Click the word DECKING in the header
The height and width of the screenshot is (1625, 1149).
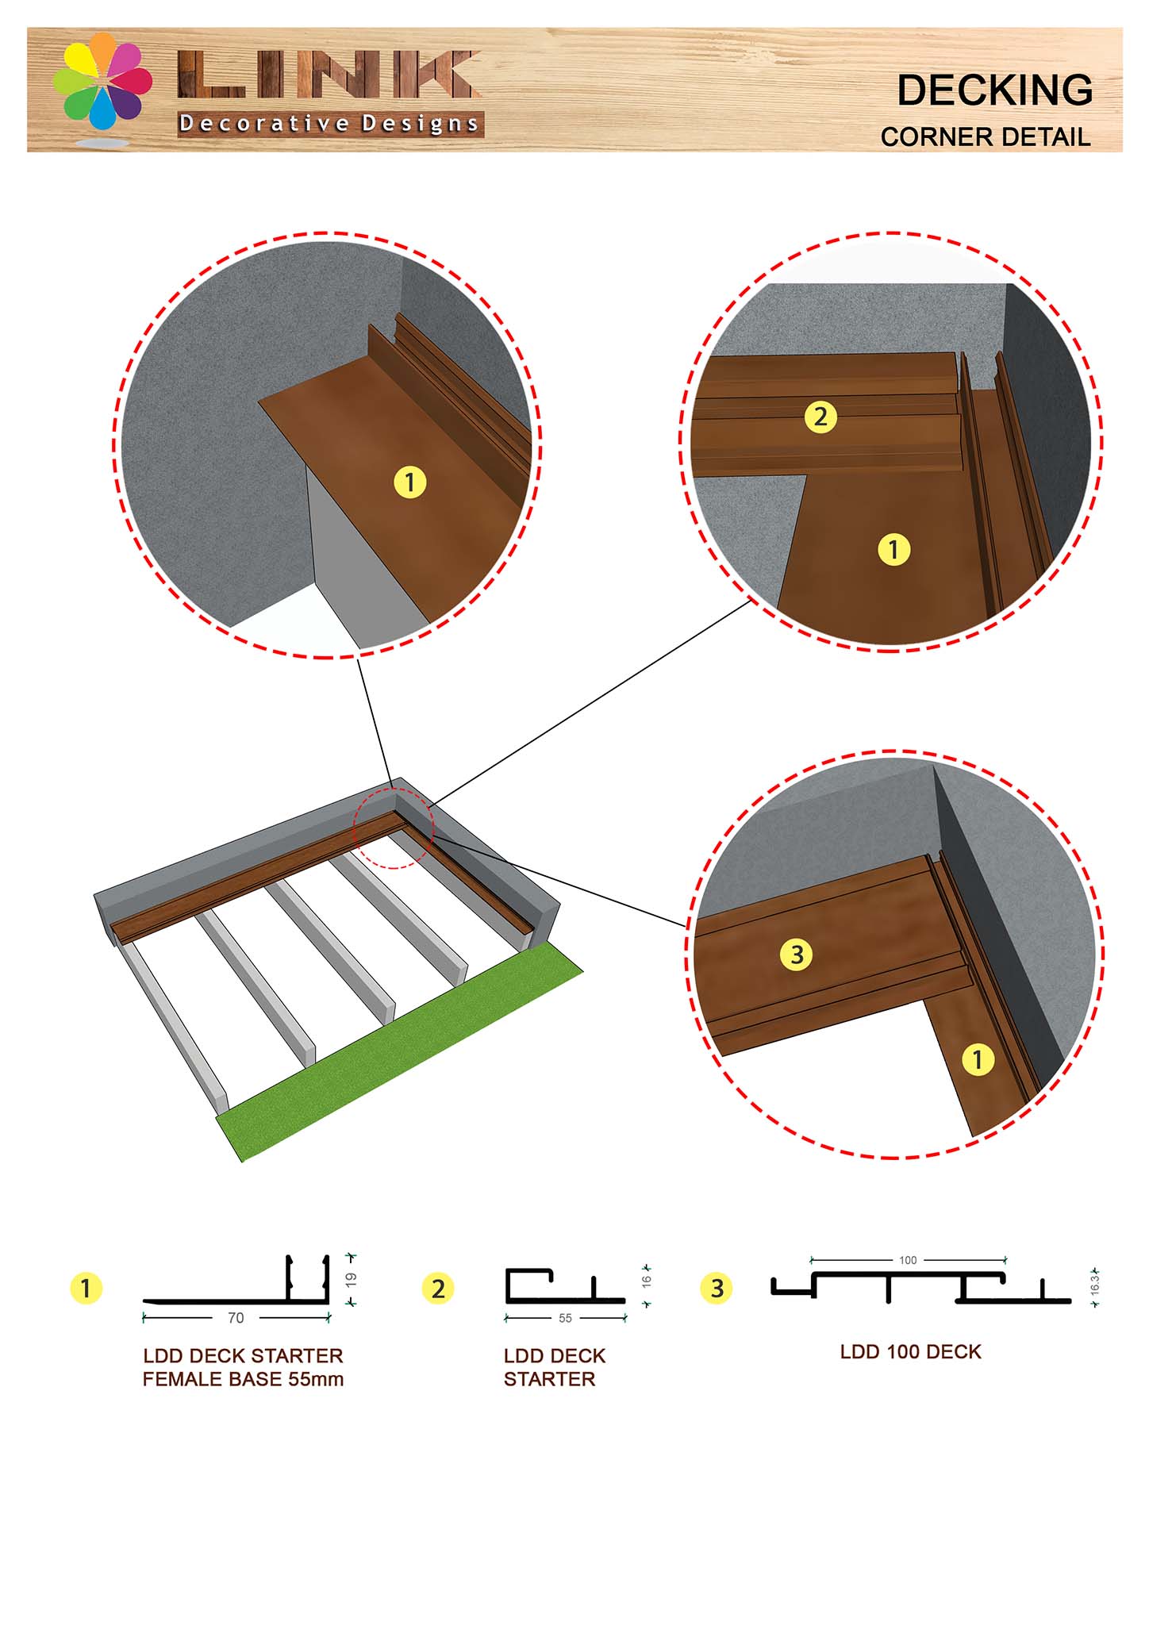pos(994,90)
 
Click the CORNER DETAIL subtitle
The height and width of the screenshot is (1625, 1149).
pos(985,137)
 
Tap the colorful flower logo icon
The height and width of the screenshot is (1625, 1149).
pos(102,82)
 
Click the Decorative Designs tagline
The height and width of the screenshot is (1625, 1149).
pos(329,124)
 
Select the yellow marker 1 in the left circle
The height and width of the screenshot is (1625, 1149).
pos(409,482)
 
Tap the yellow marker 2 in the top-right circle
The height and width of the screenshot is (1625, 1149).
pos(820,417)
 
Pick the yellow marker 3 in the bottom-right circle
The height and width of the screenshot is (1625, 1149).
pos(797,954)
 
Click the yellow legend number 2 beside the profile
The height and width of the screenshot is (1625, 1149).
pos(438,1289)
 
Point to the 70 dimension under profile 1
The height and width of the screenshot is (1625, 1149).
pos(236,1318)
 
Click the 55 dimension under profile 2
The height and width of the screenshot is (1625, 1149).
pos(565,1318)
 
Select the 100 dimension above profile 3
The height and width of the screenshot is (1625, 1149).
pos(908,1260)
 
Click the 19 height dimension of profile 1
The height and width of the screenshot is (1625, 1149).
pos(352,1279)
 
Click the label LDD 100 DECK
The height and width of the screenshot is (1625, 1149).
pos(910,1352)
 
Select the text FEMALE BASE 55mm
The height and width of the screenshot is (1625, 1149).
pos(243,1380)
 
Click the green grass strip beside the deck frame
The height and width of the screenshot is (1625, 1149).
pos(397,1055)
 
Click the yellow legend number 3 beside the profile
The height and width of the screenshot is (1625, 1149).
pos(717,1289)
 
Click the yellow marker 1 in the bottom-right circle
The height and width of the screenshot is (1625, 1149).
pos(978,1059)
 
